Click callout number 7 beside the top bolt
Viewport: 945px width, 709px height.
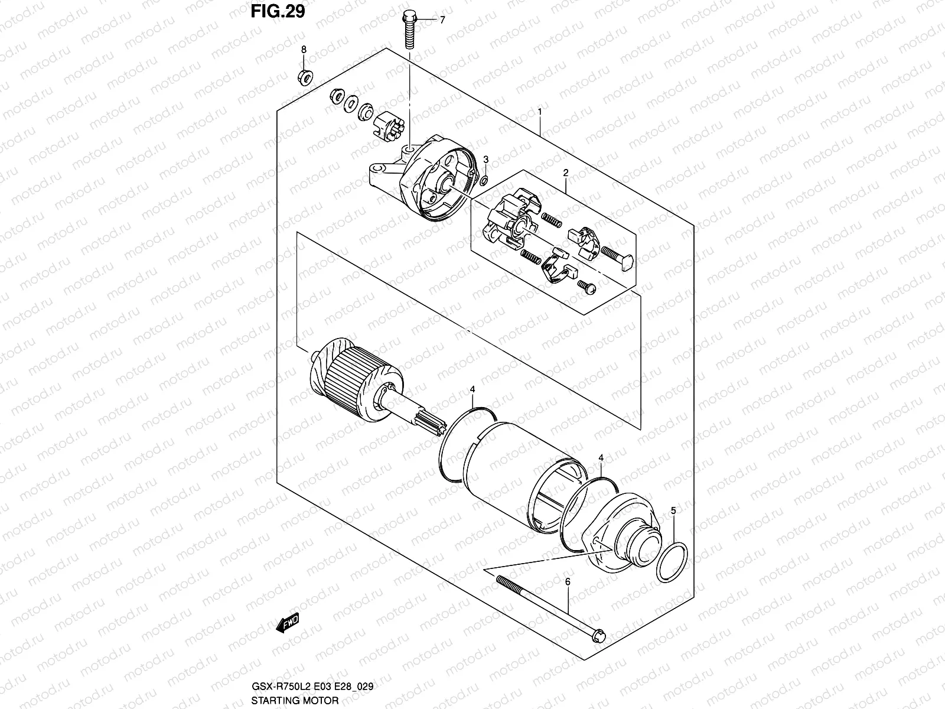[442, 19]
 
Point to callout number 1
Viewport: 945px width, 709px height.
[540, 111]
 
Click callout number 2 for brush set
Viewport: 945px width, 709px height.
[565, 173]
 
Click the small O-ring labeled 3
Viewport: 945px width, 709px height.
[483, 180]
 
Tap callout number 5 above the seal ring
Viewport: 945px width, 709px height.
[673, 509]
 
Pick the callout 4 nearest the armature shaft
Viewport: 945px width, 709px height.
[472, 389]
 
